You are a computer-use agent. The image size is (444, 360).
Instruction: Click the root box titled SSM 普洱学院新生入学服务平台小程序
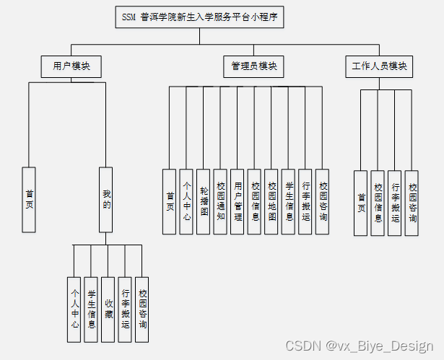coord(199,17)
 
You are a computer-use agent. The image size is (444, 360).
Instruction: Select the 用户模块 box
coord(71,67)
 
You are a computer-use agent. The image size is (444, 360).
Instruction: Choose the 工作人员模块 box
coord(378,67)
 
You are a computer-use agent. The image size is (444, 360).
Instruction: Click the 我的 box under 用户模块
coord(105,200)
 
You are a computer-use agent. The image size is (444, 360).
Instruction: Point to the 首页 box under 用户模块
coord(29,200)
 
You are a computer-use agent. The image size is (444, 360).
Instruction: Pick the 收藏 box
coord(108,309)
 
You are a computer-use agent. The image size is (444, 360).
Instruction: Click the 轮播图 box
coord(204,201)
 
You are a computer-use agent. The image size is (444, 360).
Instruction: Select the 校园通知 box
coord(221,201)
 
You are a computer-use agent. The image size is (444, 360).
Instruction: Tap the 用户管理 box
coord(238,201)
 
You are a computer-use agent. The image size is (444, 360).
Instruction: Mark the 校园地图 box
coord(271,201)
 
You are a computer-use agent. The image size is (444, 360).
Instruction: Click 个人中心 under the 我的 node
coord(74,309)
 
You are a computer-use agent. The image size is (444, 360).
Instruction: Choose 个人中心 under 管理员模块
coord(187,201)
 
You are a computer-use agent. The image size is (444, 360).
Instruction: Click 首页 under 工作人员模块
coord(361,203)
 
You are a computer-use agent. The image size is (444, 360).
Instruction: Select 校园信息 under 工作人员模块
coord(378,203)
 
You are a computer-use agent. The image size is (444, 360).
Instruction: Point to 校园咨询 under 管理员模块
coord(322,201)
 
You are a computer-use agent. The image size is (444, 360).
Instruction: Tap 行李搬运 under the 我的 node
coord(125,309)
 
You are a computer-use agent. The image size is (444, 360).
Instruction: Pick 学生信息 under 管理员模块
coord(288,201)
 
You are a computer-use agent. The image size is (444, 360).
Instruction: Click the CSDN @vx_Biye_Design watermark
coord(359,346)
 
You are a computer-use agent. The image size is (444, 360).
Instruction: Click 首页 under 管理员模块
coord(170,201)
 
